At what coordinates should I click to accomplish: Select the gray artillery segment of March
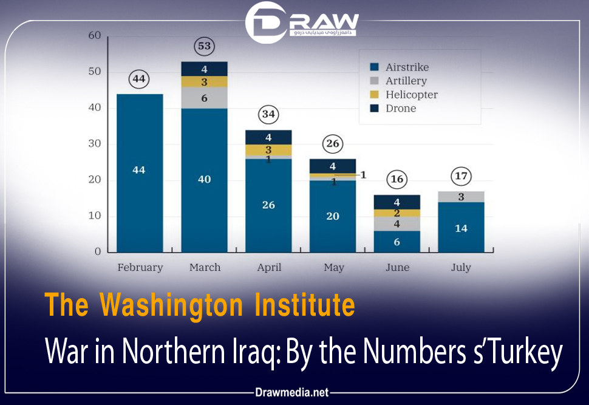(x=205, y=98)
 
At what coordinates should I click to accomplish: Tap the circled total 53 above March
(x=205, y=46)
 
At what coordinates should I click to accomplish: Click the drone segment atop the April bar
(x=268, y=137)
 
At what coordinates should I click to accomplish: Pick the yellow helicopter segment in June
(x=397, y=213)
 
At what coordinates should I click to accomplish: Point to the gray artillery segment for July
(x=461, y=197)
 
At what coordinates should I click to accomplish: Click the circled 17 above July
(x=461, y=177)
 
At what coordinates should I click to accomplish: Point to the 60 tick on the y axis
(x=94, y=36)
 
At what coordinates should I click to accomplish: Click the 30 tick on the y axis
(x=94, y=144)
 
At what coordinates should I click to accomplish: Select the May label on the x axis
(x=333, y=267)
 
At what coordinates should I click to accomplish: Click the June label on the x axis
(x=397, y=267)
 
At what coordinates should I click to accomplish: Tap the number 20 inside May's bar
(x=333, y=216)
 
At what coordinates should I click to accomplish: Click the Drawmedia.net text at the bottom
(x=293, y=393)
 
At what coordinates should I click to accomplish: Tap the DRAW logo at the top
(x=302, y=22)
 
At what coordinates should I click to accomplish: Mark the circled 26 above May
(x=333, y=145)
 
